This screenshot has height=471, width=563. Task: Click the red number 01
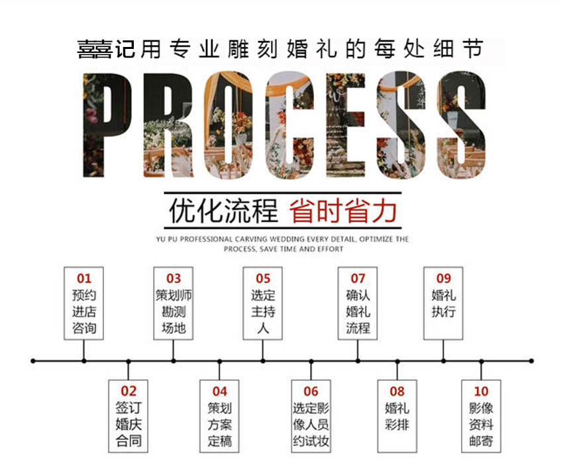[x=83, y=278]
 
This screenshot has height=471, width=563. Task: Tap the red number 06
[x=311, y=392]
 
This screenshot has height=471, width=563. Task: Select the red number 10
[x=481, y=392]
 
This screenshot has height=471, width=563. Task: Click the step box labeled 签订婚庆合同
[x=128, y=416]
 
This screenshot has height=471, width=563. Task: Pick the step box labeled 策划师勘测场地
[x=174, y=304]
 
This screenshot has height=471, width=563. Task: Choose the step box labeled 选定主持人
[x=262, y=304]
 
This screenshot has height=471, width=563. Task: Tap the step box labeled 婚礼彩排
[x=397, y=416]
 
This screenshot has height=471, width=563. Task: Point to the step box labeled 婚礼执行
[x=443, y=304]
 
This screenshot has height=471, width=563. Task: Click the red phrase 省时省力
[x=343, y=211]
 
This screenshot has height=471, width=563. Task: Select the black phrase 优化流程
[x=224, y=211]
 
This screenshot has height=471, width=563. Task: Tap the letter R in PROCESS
[x=168, y=125]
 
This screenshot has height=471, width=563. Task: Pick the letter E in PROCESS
[x=346, y=125]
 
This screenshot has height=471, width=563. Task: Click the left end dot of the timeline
[x=33, y=361]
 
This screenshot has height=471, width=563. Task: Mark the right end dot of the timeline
[x=531, y=361]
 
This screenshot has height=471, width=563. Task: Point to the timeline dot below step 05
[x=263, y=361]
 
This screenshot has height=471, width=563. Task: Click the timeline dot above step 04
[x=219, y=361]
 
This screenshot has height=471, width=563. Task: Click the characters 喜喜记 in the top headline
[x=106, y=50]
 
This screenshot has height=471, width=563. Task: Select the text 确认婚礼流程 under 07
[x=358, y=312]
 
